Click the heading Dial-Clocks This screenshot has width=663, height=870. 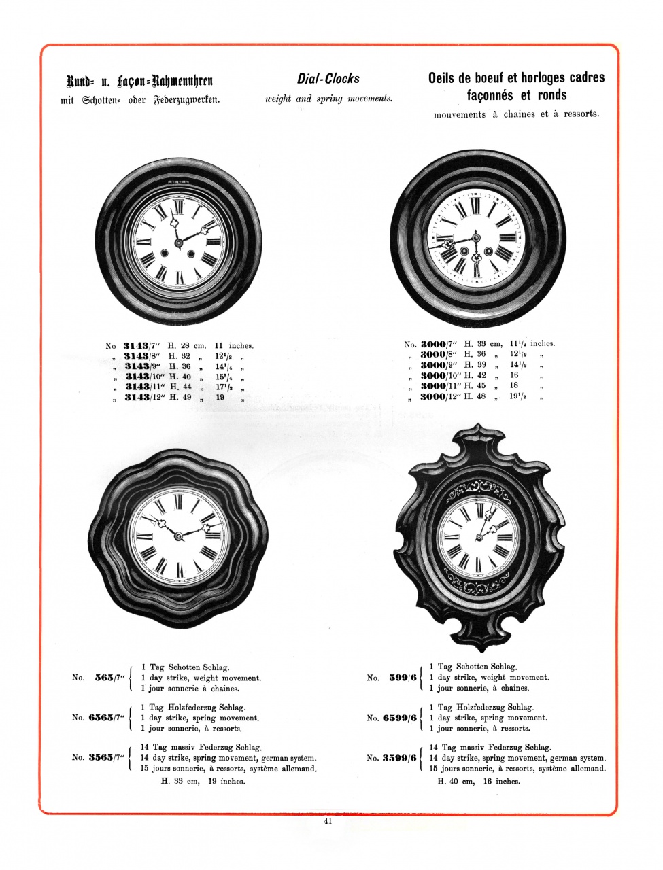328,79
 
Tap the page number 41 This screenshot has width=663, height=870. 328,821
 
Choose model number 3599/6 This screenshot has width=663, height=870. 399,758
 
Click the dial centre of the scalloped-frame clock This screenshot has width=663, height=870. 178,536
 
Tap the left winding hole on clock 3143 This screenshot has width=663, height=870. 164,254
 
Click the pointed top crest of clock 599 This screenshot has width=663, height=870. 475,430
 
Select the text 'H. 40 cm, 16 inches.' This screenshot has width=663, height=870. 479,781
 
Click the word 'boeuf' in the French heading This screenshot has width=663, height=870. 484,77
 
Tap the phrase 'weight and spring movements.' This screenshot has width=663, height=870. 328,99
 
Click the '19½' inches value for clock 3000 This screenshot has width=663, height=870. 519,396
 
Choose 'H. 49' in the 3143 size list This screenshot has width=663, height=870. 180,397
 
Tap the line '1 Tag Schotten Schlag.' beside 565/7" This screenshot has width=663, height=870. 184,667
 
